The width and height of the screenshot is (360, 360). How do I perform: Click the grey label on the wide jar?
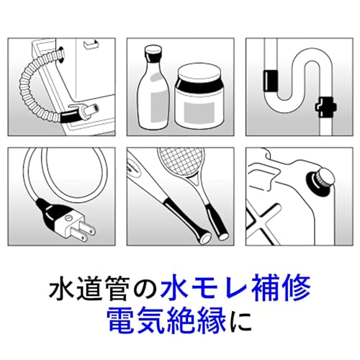199,111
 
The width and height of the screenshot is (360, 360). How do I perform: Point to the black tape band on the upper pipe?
271,81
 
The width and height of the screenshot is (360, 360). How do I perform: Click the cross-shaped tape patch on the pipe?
326,107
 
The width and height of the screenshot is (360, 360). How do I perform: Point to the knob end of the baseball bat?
205,238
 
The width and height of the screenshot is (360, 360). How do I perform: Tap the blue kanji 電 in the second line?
121,320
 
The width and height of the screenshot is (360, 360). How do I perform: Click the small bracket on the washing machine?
91,45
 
